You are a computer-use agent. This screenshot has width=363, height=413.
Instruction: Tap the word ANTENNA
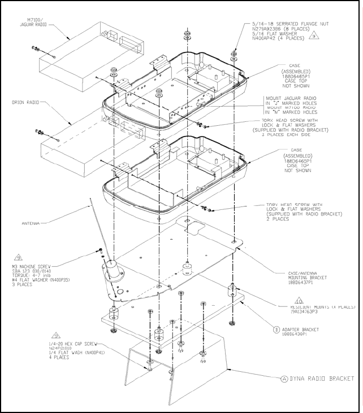(x=31, y=223)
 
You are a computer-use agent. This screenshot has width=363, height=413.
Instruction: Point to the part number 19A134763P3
(x=304, y=311)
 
